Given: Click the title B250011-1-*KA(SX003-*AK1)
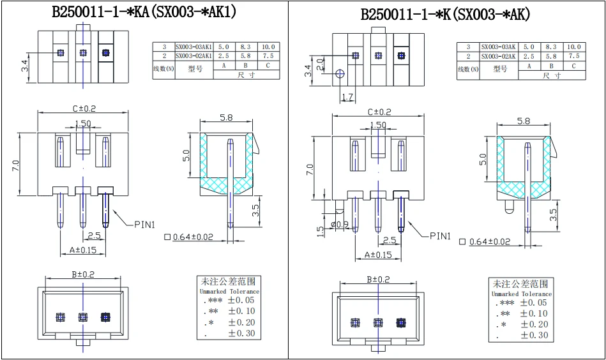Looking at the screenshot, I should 144,12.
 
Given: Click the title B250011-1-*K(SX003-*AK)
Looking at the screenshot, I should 445,14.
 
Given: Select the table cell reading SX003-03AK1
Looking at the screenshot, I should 194,47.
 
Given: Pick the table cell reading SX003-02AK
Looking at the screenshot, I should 498,56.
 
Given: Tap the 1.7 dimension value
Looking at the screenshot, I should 347,97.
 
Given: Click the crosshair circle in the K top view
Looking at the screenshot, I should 340,74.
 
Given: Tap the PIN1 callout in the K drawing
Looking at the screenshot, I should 440,236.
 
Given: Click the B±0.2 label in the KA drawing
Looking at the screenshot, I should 82,274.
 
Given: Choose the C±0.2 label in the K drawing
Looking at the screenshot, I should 379,112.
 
